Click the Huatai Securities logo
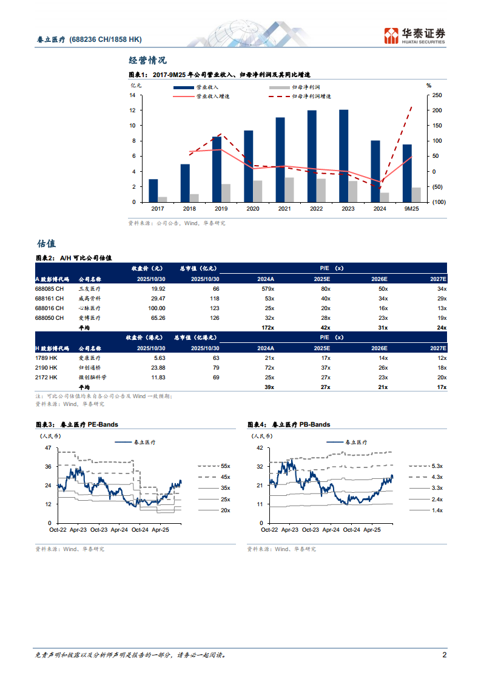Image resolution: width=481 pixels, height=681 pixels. [415, 36]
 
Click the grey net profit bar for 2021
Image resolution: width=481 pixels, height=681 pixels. [289, 190]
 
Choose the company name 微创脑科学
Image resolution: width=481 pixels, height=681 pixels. [92, 378]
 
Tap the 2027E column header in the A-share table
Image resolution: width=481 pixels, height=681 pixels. [437, 279]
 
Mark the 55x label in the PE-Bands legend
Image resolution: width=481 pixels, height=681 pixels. [225, 466]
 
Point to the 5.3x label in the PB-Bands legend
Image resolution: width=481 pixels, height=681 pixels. [437, 466]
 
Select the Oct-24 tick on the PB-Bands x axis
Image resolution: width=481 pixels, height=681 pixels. [351, 529]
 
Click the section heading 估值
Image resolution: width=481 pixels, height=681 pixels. [46, 243]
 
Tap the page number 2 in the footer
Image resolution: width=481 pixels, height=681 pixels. [444, 655]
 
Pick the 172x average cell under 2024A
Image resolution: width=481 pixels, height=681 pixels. [267, 328]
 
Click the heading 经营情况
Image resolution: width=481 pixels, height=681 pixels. [147, 60]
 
